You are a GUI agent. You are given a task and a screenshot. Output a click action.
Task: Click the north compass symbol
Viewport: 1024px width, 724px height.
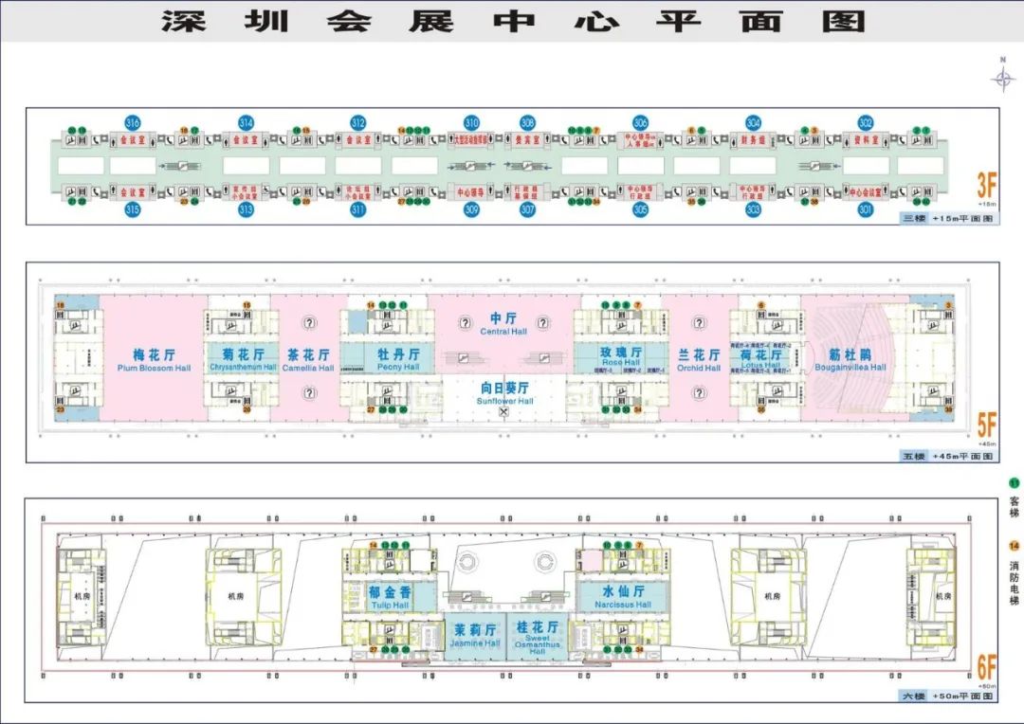(1003, 78)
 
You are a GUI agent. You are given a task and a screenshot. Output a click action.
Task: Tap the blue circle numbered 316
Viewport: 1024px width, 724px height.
(133, 123)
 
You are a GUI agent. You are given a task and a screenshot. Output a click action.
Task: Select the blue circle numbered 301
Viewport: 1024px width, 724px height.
(865, 209)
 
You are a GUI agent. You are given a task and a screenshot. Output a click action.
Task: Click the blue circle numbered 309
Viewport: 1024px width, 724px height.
(471, 209)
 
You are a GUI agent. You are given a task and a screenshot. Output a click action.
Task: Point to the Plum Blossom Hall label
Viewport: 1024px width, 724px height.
(154, 359)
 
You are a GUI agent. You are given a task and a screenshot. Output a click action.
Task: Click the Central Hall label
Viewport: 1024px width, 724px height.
(503, 324)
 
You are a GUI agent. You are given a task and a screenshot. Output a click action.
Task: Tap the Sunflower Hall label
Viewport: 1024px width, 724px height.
(504, 393)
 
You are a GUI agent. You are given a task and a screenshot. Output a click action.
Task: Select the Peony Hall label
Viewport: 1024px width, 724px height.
(398, 359)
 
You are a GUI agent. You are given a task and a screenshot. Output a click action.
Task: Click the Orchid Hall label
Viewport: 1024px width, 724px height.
(699, 359)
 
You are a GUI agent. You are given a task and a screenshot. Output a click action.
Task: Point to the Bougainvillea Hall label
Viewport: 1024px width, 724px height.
(850, 359)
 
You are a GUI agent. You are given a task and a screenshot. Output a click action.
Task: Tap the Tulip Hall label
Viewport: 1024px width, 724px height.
(389, 596)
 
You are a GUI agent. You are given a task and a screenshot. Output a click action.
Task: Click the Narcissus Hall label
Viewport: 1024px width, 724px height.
(623, 596)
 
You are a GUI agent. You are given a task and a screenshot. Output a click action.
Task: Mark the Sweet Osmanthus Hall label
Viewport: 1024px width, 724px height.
(537, 638)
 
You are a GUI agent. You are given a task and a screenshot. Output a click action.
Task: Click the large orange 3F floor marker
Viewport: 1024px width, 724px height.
(987, 183)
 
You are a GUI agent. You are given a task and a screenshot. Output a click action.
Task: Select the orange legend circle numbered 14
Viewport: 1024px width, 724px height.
(1014, 546)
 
